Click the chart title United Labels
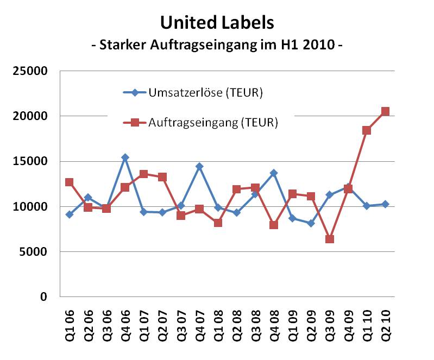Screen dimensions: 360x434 (217, 23)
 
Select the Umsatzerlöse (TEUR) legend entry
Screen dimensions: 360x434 (205, 93)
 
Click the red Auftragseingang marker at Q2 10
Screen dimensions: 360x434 (385, 111)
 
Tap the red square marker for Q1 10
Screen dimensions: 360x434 (367, 130)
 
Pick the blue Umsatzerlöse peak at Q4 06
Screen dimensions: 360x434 (125, 157)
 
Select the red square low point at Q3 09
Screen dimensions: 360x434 (329, 239)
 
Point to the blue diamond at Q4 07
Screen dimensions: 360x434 (199, 166)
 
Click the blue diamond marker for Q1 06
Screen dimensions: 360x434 (70, 214)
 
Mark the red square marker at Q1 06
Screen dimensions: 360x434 (70, 182)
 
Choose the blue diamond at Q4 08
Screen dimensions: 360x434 (274, 173)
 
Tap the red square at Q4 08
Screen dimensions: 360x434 (274, 225)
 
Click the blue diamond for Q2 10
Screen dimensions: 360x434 (385, 204)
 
